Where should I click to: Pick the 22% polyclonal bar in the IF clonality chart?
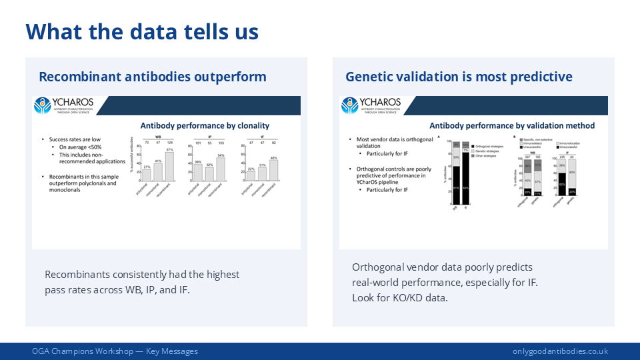250,176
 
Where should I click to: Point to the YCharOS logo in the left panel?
65,106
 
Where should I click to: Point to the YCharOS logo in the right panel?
371,105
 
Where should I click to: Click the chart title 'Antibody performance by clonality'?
205,125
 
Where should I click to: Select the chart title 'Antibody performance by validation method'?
512,125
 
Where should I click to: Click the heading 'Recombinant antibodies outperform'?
153,77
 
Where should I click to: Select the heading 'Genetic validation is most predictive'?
459,77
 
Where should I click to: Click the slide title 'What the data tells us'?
142,31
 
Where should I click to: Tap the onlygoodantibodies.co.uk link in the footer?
560,351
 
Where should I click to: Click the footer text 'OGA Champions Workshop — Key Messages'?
115,351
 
